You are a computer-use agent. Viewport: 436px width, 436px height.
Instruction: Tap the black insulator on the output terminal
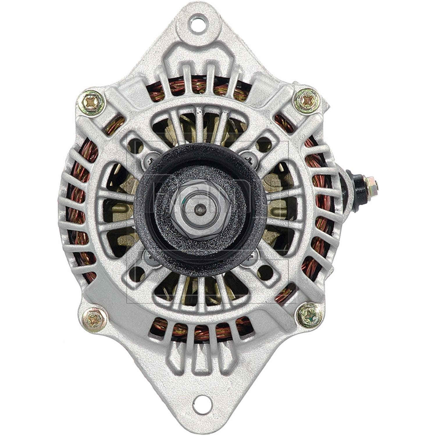pyautogui.click(x=358, y=184)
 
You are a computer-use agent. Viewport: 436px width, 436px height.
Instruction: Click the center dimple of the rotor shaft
pyautogui.click(x=201, y=208)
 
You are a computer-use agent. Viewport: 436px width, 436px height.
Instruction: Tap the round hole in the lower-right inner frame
pyautogui.click(x=265, y=272)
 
